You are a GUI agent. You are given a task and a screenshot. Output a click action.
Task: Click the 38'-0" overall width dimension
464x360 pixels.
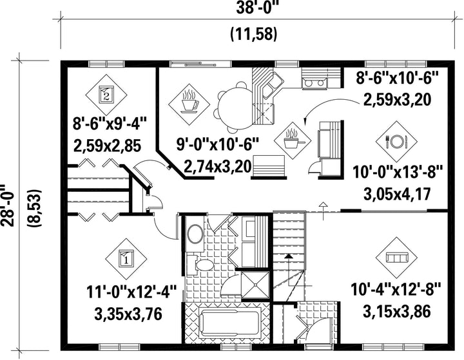pos(258,8)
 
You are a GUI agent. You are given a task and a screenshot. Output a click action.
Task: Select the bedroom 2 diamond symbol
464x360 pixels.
pos(106,95)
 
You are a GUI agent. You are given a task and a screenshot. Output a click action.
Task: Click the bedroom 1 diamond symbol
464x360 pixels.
pos(126,259)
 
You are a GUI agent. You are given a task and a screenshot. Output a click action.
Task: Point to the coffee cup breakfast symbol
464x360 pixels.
pos(189,104)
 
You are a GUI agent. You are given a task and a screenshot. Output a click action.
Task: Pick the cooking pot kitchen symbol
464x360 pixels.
pos(293,140)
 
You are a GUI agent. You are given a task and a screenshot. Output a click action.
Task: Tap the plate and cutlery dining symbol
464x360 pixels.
pos(396,142)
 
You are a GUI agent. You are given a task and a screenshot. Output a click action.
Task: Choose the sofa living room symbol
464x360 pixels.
pos(396,258)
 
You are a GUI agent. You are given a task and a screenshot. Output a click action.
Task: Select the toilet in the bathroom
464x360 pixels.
pos(204,264)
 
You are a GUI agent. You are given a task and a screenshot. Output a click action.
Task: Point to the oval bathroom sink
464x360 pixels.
pos(196,234)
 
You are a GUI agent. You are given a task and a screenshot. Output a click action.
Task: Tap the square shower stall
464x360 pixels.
pos(255,285)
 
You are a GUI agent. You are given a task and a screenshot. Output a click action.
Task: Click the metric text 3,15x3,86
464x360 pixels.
pos(396,312)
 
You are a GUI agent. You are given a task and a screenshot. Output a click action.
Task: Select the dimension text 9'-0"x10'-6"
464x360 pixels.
pos(218,146)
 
